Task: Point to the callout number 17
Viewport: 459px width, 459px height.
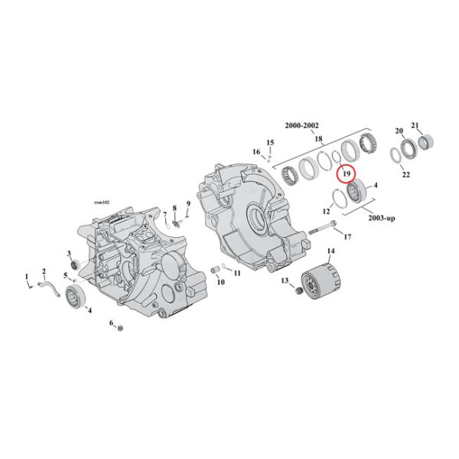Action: pos(347,237)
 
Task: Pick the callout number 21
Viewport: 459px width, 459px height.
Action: pos(415,125)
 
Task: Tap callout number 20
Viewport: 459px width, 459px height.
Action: pos(399,132)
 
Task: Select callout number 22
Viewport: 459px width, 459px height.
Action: pos(406,175)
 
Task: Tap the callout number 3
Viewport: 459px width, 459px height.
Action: pos(69,253)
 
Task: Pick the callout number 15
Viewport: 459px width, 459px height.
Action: pos(269,142)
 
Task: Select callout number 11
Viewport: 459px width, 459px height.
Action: pos(237,273)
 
